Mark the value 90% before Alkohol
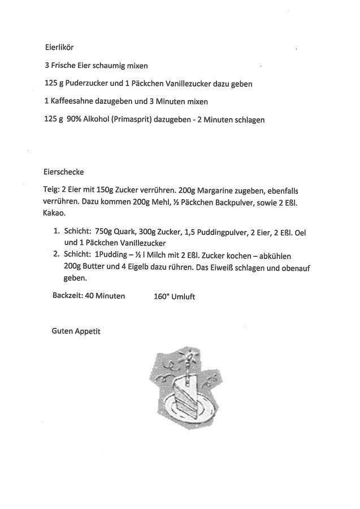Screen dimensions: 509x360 pyautogui.click(x=75, y=120)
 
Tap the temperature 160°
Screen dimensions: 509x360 pyautogui.click(x=163, y=296)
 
